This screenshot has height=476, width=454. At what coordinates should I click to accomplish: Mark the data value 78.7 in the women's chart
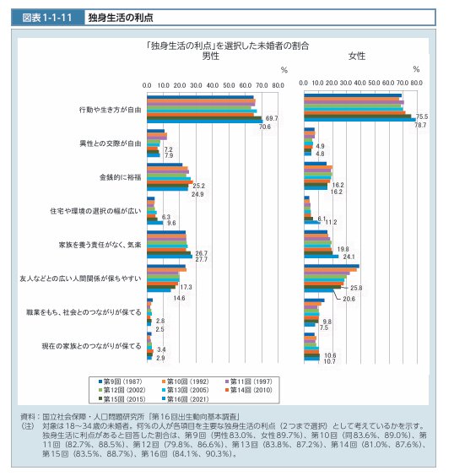point(420,125)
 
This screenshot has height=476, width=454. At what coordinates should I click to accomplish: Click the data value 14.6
point(179,298)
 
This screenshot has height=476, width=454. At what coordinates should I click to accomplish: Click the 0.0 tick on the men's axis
point(147,86)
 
